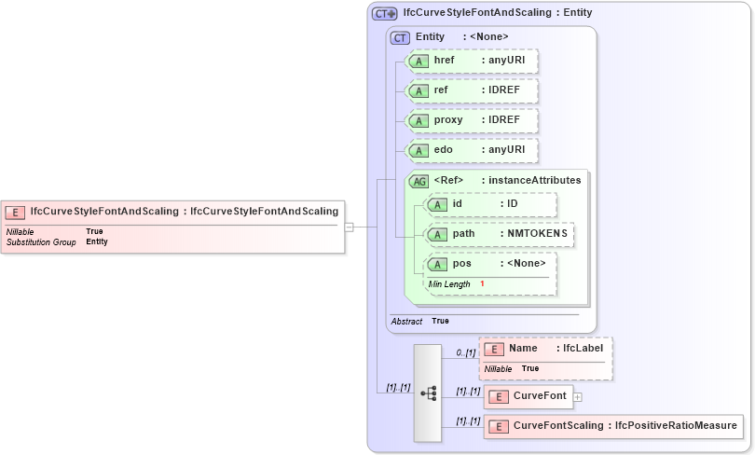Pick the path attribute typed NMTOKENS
[499, 235]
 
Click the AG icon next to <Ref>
[419, 181]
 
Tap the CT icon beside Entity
[400, 37]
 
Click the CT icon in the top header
[384, 14]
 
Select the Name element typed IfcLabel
[546, 358]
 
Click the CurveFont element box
[527, 397]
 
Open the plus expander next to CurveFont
[578, 397]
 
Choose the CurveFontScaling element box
[613, 427]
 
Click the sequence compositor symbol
[428, 393]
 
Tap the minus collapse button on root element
[349, 226]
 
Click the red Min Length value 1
[482, 283]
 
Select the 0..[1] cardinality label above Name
[466, 353]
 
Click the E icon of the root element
[16, 212]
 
